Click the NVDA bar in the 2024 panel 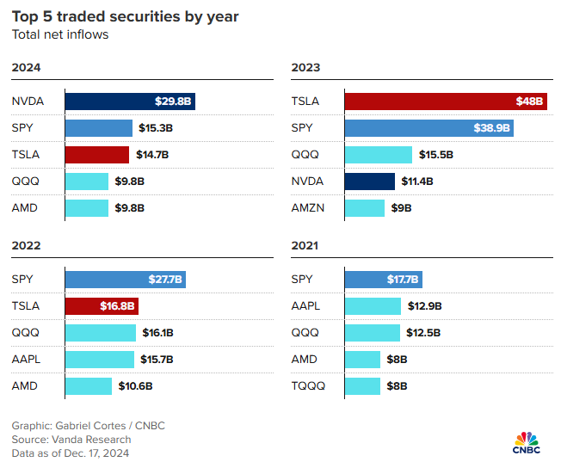[129, 102]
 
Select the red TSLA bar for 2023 [446, 102]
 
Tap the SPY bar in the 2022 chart [126, 280]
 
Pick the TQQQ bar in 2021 [362, 385]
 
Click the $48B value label [529, 102]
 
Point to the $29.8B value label [174, 102]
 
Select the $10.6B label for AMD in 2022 [135, 385]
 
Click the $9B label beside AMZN [402, 207]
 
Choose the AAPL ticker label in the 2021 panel [307, 306]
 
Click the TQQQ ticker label [308, 385]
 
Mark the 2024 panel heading [26, 67]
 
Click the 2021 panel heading [305, 245]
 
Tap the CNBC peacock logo [527, 439]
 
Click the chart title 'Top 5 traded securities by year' [126, 16]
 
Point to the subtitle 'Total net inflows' [60, 34]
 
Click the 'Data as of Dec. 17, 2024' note [70, 453]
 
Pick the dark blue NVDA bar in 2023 [370, 181]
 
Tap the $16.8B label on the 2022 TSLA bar [117, 306]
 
